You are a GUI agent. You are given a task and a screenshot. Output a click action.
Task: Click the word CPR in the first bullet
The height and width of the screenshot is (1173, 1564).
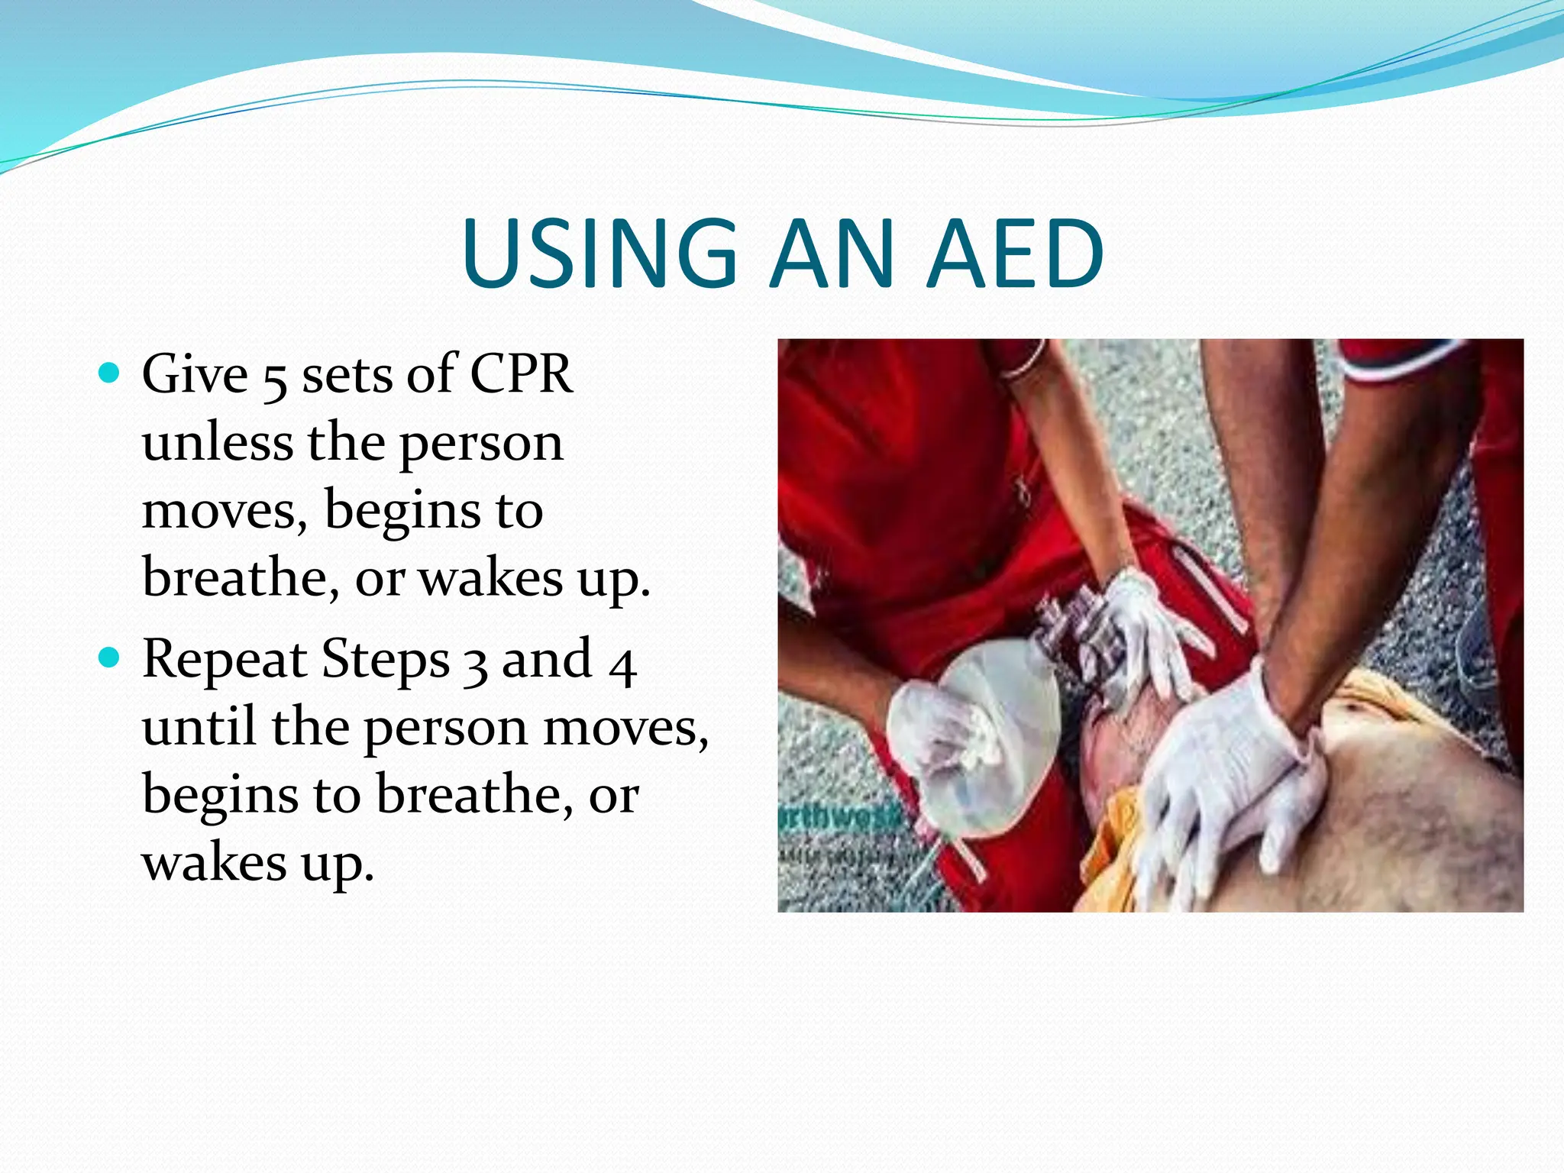click(521, 374)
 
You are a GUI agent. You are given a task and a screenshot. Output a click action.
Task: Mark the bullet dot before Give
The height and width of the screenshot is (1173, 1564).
click(110, 373)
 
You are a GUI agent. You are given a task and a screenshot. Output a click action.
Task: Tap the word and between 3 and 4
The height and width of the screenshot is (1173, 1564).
click(546, 658)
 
